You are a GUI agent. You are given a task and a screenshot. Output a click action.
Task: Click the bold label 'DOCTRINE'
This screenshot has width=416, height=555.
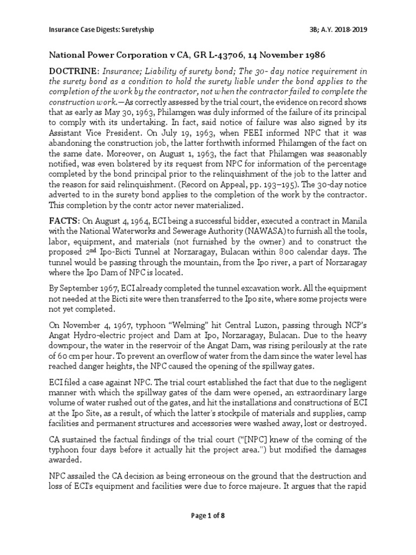tap(73, 71)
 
